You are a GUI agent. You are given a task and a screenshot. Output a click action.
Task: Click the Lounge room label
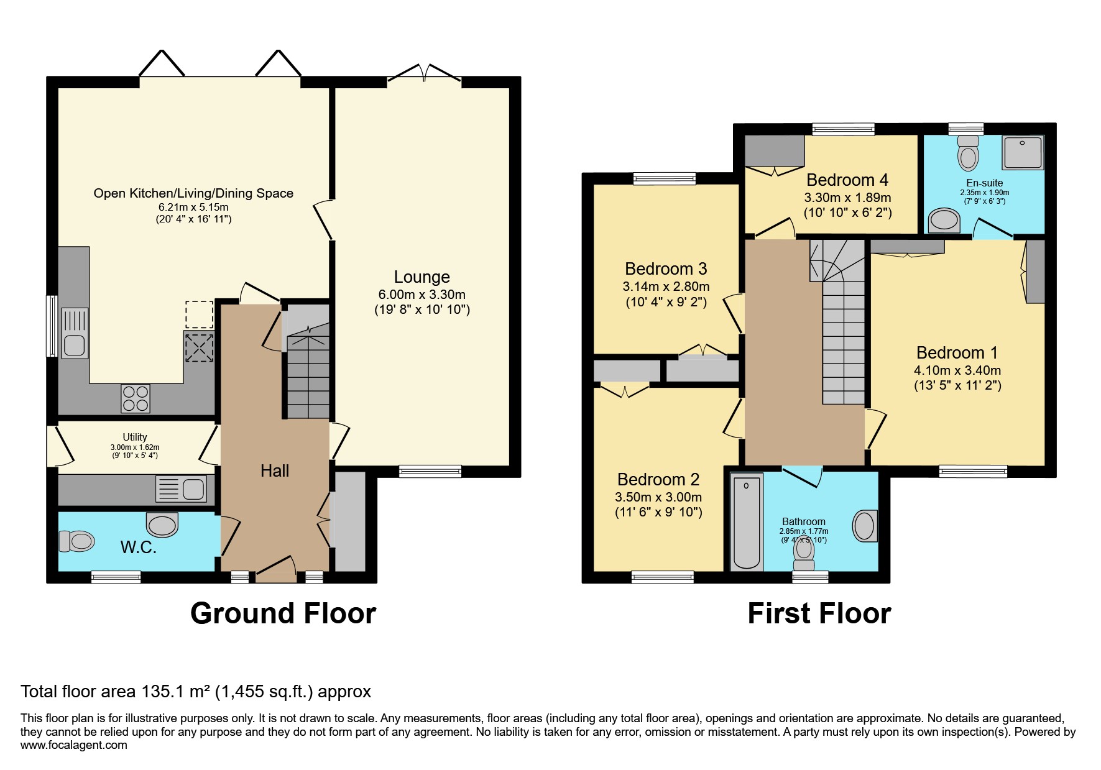click(422, 277)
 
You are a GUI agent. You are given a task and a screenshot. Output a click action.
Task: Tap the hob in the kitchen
click(136, 398)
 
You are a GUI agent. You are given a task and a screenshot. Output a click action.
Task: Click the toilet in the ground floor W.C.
click(77, 541)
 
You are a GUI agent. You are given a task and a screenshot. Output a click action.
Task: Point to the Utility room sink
click(193, 489)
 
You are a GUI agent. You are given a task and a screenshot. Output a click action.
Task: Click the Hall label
click(275, 471)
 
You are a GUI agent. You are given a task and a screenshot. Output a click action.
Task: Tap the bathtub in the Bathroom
click(746, 522)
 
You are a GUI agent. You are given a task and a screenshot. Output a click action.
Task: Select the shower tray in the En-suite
click(1022, 152)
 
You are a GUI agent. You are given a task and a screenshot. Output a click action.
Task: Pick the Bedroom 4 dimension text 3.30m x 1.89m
click(847, 198)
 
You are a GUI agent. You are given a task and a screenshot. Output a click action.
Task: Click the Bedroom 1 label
click(957, 353)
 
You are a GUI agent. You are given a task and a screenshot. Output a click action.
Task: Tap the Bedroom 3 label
click(666, 269)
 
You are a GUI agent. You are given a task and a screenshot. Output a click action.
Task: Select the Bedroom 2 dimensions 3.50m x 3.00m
click(658, 497)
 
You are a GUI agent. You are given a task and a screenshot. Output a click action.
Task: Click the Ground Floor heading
click(283, 613)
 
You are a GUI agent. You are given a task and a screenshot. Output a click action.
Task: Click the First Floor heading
click(819, 613)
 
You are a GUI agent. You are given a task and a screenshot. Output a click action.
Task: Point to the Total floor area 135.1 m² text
click(196, 692)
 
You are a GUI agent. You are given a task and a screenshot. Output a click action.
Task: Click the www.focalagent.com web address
click(73, 745)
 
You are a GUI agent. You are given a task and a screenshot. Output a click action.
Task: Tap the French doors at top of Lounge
click(425, 73)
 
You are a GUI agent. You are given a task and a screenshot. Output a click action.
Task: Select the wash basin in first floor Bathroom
click(865, 526)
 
